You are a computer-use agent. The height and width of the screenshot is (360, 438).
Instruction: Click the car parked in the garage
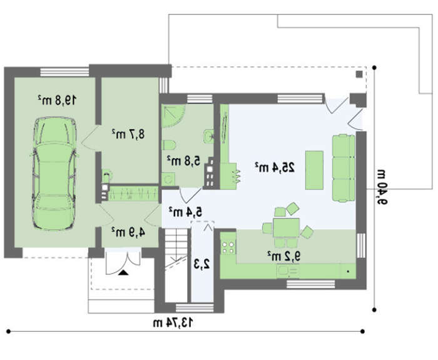[x=54, y=174]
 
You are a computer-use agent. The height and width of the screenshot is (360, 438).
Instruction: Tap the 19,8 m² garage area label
[x=57, y=100]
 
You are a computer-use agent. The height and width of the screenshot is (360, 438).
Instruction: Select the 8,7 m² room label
[x=128, y=134]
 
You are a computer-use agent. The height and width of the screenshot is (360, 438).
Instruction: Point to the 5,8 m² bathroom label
[x=184, y=161]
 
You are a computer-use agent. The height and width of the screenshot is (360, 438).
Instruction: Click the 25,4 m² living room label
[x=275, y=167]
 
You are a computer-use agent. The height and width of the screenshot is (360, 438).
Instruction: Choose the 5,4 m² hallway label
[x=185, y=212]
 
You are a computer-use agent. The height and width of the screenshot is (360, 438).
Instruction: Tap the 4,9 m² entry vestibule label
[x=128, y=232]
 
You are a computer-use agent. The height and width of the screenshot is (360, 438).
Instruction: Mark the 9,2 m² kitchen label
[x=284, y=256]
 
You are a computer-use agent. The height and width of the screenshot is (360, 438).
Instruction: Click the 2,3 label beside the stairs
[x=202, y=264]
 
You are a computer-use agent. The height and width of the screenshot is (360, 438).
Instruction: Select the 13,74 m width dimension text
[x=173, y=322]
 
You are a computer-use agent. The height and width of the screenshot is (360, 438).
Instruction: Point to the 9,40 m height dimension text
[x=382, y=187]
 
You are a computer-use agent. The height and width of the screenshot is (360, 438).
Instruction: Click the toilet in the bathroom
[x=169, y=145]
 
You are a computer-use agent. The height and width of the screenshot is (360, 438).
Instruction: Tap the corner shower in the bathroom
[x=173, y=116]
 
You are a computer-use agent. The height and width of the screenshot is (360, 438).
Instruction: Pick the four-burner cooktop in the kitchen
[x=228, y=247]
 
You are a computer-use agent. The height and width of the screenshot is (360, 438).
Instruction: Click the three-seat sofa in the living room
[x=344, y=167]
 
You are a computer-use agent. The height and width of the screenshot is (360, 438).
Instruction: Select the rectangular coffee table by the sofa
[x=314, y=170]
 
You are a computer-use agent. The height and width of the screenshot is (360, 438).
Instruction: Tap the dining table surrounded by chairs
[x=287, y=228]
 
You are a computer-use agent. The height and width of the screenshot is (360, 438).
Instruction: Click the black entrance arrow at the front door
[x=123, y=272]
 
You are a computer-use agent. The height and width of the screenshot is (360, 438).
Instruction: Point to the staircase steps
[x=176, y=265]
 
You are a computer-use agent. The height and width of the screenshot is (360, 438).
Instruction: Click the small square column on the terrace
[x=359, y=74]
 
